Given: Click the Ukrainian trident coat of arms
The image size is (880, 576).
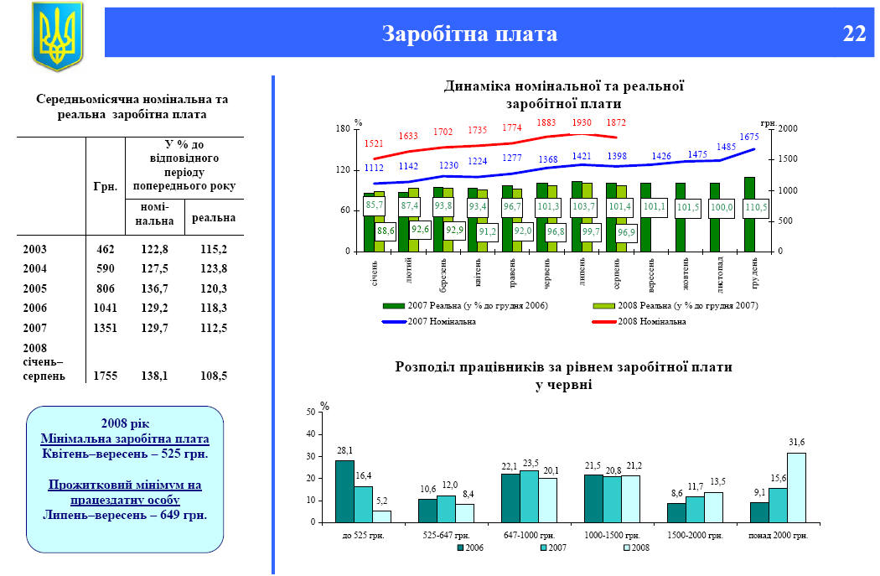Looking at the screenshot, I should point(57,36).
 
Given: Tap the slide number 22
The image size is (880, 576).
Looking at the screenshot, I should point(854,34).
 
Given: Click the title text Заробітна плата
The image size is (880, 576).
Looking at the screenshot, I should point(469,34).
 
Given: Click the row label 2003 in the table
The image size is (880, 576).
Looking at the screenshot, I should point(35,249).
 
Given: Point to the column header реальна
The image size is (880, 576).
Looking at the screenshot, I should point(214,218).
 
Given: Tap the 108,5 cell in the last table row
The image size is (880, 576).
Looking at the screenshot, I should point(214,376).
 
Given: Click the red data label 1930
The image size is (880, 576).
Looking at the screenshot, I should point(582,122).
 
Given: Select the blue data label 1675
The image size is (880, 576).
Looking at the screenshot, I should point(748,137).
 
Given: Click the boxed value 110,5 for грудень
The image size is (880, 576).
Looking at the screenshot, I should point(755,207).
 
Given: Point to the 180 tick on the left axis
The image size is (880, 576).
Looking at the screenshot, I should point(342,128).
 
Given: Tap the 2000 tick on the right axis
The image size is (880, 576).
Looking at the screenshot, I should point(789,128).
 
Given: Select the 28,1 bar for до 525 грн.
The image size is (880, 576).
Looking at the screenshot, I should point(344,490).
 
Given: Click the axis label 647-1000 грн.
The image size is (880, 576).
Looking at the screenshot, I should point(530,534).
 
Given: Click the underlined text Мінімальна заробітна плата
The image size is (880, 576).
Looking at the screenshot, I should point(125,438).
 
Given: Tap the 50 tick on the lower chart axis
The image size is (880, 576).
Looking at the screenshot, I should point(312,413).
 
